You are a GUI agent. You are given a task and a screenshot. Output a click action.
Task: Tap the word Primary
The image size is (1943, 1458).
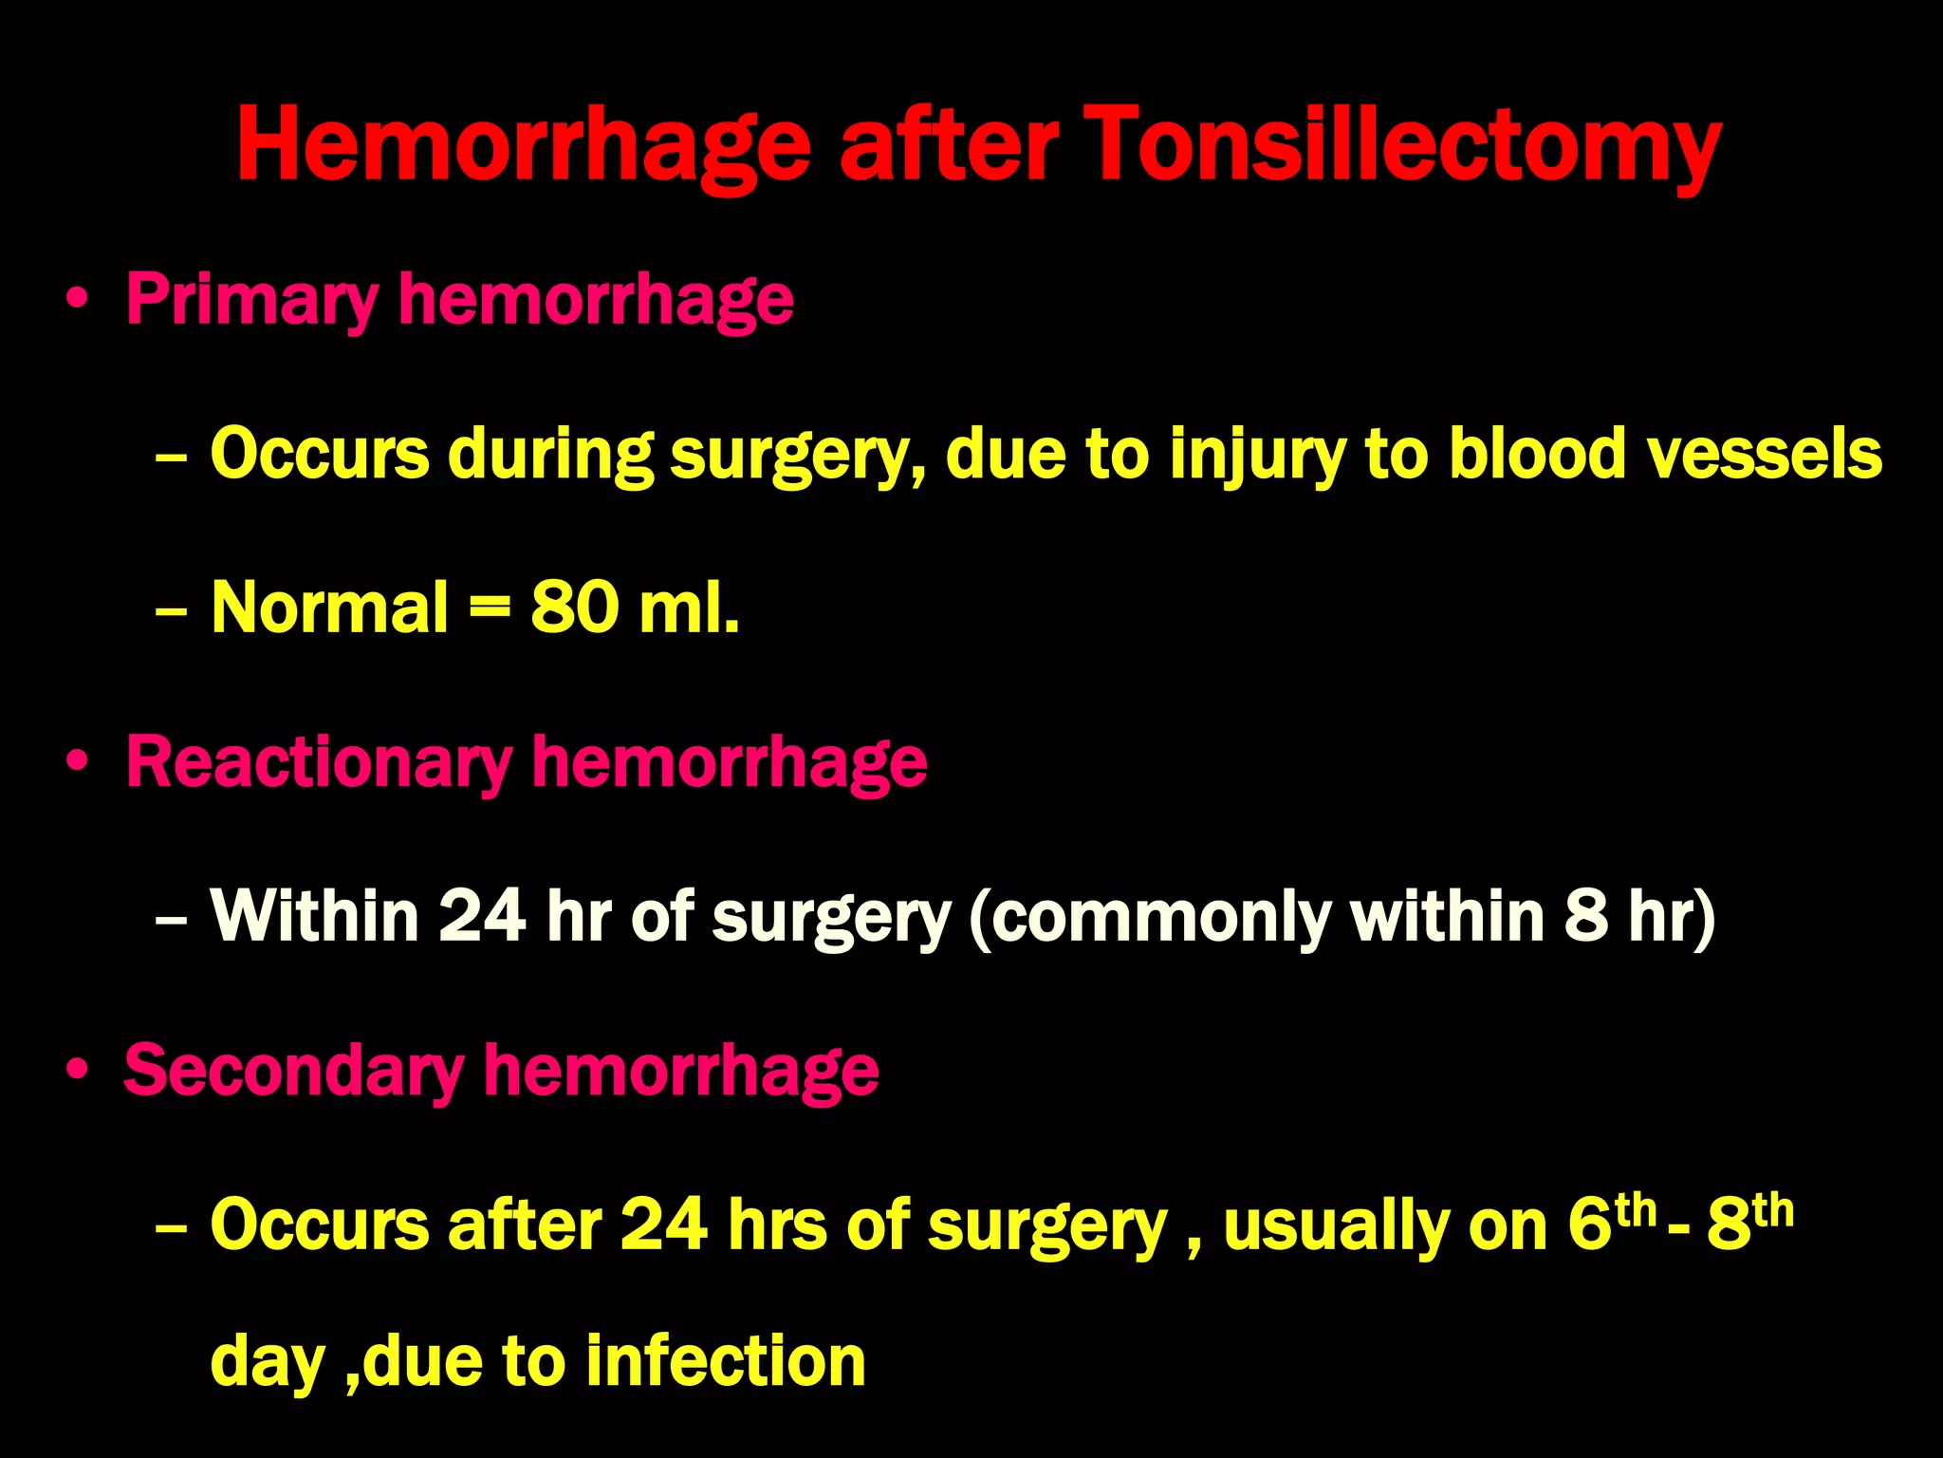point(252,301)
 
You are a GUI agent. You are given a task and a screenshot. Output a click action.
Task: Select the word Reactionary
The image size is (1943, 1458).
point(319,763)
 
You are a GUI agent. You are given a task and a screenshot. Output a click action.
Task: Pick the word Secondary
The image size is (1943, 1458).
point(294,1072)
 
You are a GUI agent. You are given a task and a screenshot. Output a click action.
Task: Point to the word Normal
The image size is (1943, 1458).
point(329,607)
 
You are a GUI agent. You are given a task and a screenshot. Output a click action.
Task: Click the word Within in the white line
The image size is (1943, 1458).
point(314,916)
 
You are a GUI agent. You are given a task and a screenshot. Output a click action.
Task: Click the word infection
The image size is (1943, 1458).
point(726,1361)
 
